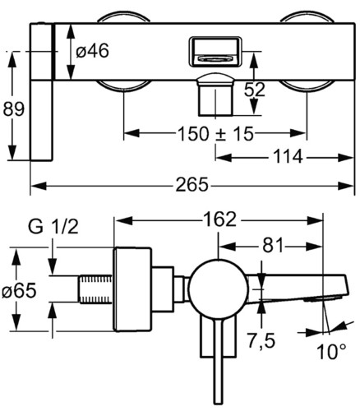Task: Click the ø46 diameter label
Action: (92, 51)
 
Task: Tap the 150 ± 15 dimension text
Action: (215, 134)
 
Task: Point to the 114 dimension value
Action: (288, 157)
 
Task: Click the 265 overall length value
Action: (192, 185)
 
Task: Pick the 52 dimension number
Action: (255, 90)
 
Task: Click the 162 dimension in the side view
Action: (219, 219)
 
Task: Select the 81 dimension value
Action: (273, 246)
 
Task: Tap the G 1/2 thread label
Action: (53, 227)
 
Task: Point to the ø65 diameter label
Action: (19, 290)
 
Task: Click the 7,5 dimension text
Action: (261, 341)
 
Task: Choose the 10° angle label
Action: (331, 352)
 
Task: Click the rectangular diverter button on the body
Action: (215, 52)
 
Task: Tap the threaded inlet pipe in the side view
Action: (95, 289)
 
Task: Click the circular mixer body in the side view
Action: (219, 289)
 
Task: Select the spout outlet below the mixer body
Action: (215, 95)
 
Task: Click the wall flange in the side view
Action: (132, 289)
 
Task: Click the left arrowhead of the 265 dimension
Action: (39, 186)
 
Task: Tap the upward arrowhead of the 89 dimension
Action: (12, 60)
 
